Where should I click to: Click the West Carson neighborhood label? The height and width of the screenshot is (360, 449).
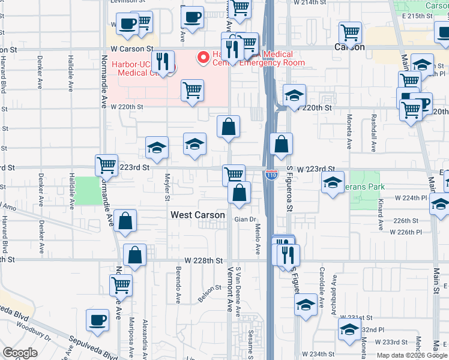(x=197, y=215)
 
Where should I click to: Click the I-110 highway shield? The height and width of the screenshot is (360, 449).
(x=271, y=175)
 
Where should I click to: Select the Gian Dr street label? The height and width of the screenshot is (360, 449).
(x=245, y=220)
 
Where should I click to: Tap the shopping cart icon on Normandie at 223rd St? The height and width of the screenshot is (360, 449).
(x=106, y=164)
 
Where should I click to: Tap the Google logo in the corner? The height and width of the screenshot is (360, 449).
(x=20, y=353)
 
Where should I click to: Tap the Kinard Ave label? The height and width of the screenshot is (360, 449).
(x=381, y=216)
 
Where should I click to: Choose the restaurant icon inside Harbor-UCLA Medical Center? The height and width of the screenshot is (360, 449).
(x=161, y=61)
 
